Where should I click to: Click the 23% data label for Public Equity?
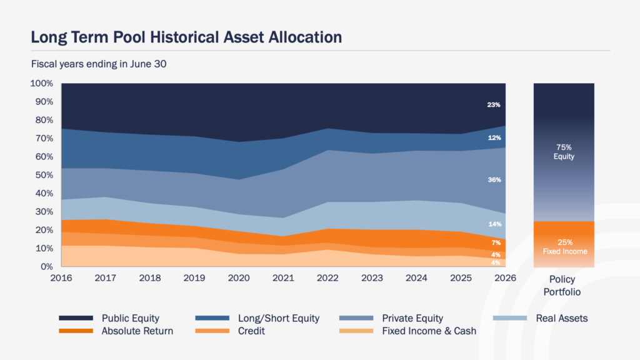pyautogui.click(x=494, y=105)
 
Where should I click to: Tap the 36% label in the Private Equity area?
pyautogui.click(x=494, y=179)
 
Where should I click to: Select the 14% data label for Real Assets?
pyautogui.click(x=495, y=224)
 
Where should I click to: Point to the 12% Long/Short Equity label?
pyautogui.click(x=494, y=138)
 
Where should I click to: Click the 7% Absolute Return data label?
pyautogui.click(x=496, y=243)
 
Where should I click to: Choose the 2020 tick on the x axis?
pyautogui.click(x=239, y=278)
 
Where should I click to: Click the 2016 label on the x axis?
pyautogui.click(x=61, y=278)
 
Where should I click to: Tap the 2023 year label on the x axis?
pyautogui.click(x=372, y=278)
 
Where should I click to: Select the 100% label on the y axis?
pyautogui.click(x=42, y=83)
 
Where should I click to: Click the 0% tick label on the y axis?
pyautogui.click(x=47, y=266)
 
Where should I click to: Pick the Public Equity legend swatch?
pyautogui.click(x=76, y=318)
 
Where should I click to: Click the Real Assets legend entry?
pyautogui.click(x=541, y=318)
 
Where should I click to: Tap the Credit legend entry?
pyautogui.click(x=230, y=331)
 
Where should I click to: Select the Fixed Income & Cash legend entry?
pyautogui.click(x=407, y=331)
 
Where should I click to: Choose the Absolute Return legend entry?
pyautogui.click(x=116, y=331)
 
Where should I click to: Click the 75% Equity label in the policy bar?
pyautogui.click(x=564, y=152)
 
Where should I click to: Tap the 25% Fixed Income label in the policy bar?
pyautogui.click(x=565, y=247)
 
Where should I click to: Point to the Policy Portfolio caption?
pyautogui.click(x=562, y=286)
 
